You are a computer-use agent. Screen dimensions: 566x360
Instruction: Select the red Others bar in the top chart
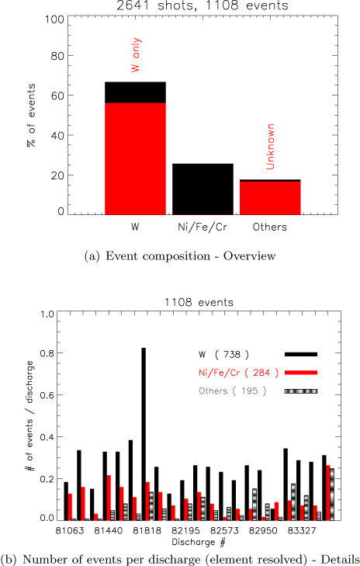(270, 197)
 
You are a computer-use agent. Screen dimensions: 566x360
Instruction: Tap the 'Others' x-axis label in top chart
(270, 227)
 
